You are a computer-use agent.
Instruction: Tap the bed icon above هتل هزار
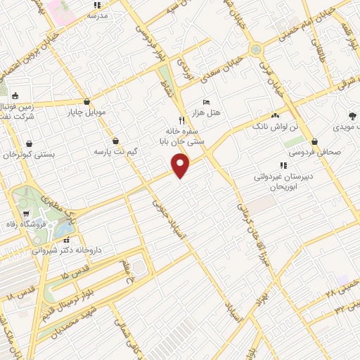(205, 102)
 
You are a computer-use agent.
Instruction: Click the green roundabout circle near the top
(256, 50)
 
